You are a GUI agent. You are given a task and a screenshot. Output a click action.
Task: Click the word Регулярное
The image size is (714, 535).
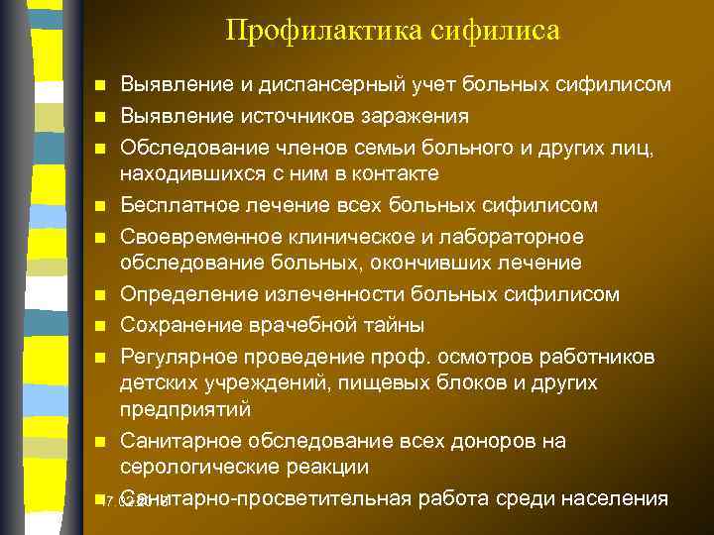click(x=172, y=355)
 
